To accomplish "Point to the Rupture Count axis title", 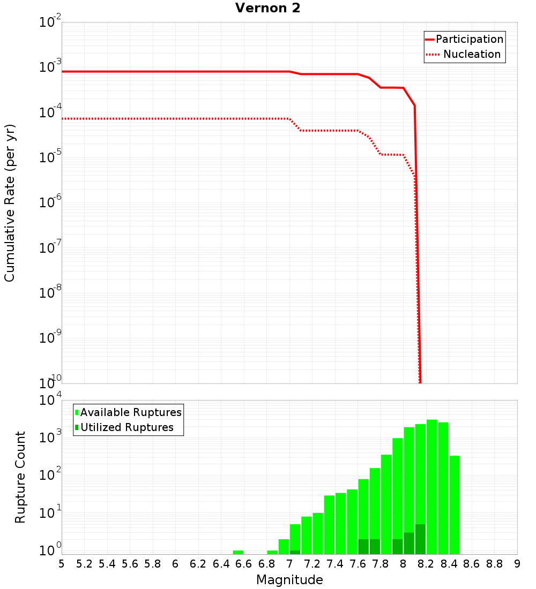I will point(20,477).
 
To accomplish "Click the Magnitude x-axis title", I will point(289,580).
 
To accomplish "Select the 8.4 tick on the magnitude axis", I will point(449,564).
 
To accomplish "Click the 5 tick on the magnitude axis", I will point(62,564).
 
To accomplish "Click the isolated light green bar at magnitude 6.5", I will point(238,552).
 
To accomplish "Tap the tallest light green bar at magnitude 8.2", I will point(432,482).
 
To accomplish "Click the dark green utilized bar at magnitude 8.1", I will point(420,540).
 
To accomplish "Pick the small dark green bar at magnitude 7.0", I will point(295,552).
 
